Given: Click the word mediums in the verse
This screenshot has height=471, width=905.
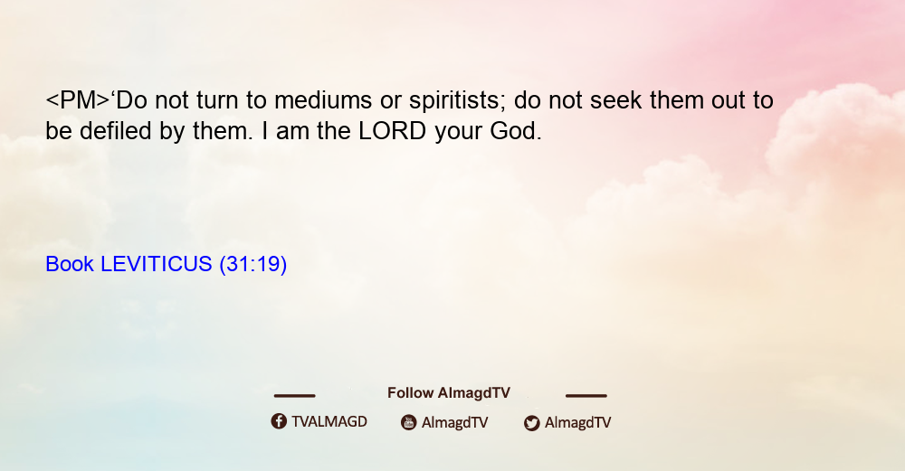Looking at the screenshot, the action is [323, 100].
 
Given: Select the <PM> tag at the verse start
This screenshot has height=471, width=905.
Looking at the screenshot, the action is [78, 100].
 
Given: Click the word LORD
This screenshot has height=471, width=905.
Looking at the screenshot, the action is [393, 131].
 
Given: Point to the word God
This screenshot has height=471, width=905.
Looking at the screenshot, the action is [516, 131].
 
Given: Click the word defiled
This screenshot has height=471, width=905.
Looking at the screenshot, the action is [116, 131].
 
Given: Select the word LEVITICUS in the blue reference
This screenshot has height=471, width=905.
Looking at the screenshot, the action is [157, 264].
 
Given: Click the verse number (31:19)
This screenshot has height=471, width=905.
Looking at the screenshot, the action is [252, 265].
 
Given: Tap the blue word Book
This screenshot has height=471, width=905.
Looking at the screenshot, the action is [70, 264].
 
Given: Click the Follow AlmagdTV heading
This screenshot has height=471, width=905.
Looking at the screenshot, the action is [449, 393].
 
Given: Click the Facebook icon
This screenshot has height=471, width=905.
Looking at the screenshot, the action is [279, 421].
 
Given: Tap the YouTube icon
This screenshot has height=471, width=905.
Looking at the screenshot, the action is [409, 422].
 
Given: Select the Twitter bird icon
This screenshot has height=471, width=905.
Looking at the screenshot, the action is [532, 423].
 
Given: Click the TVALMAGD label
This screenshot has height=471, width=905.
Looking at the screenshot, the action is [329, 422].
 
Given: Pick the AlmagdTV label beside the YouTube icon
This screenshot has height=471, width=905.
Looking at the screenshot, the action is [455, 422].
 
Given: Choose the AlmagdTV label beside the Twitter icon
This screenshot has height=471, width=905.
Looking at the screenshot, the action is [577, 422].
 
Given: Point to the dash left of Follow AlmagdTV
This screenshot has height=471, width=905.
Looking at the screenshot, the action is [294, 395].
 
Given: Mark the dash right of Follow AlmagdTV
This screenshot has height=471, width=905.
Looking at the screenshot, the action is [586, 395].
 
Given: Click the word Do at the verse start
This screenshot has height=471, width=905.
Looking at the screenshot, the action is [132, 100].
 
